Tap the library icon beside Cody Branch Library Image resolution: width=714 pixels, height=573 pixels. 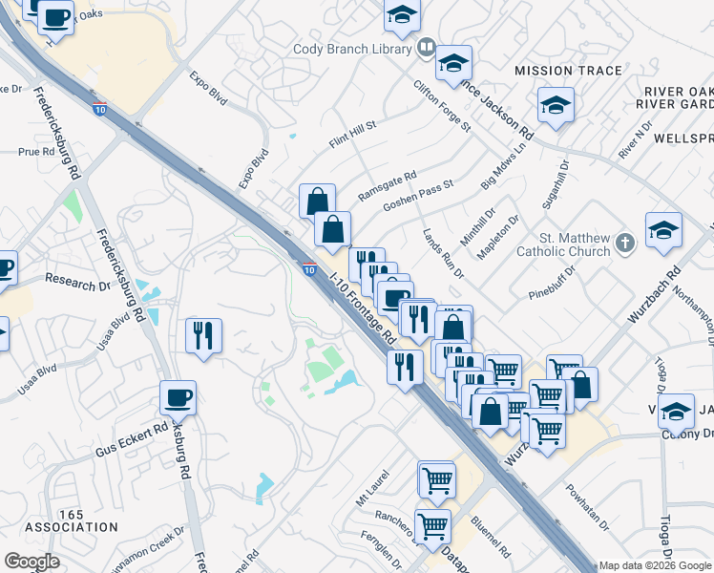(427, 47)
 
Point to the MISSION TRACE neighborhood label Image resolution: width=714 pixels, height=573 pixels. (568, 71)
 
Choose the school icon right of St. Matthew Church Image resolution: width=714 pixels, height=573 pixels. (663, 229)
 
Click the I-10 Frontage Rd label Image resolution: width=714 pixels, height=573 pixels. (362, 307)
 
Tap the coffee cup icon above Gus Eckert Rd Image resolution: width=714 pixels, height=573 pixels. (178, 396)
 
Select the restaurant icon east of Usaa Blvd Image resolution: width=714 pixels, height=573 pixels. (203, 336)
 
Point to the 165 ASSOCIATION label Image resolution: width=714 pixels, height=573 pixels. (72, 520)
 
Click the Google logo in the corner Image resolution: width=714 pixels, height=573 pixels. (31, 562)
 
